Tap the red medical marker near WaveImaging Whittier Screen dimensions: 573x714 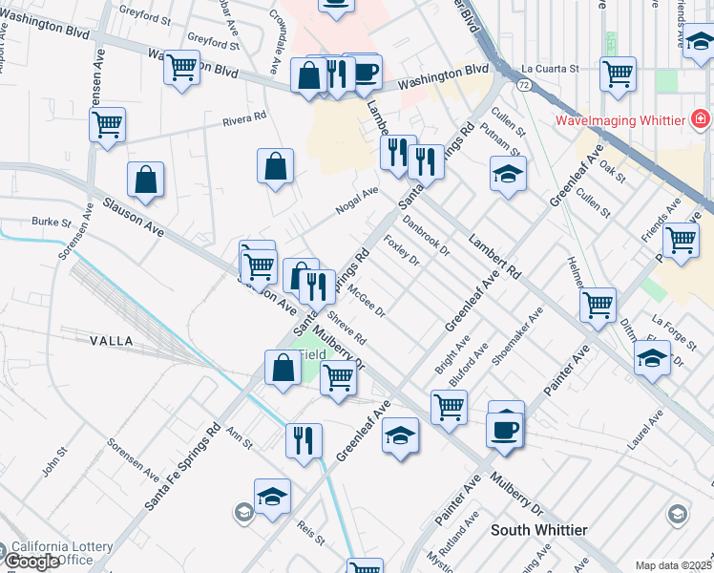coord(701,120)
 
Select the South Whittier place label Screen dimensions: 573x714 coord(538,529)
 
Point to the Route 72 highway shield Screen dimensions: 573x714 coord(524,85)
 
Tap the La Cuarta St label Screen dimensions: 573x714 coord(551,69)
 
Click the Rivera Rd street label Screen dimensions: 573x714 coord(243,118)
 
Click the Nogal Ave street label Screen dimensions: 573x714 coord(357,200)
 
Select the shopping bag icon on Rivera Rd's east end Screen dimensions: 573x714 coord(275,165)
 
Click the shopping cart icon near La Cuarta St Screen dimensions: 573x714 coord(619,74)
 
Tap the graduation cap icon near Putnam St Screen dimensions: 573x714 coord(508,174)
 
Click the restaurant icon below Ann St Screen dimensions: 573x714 coord(304,440)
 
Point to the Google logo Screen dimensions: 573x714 coord(31,562)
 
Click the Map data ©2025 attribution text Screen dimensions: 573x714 coord(674,565)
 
